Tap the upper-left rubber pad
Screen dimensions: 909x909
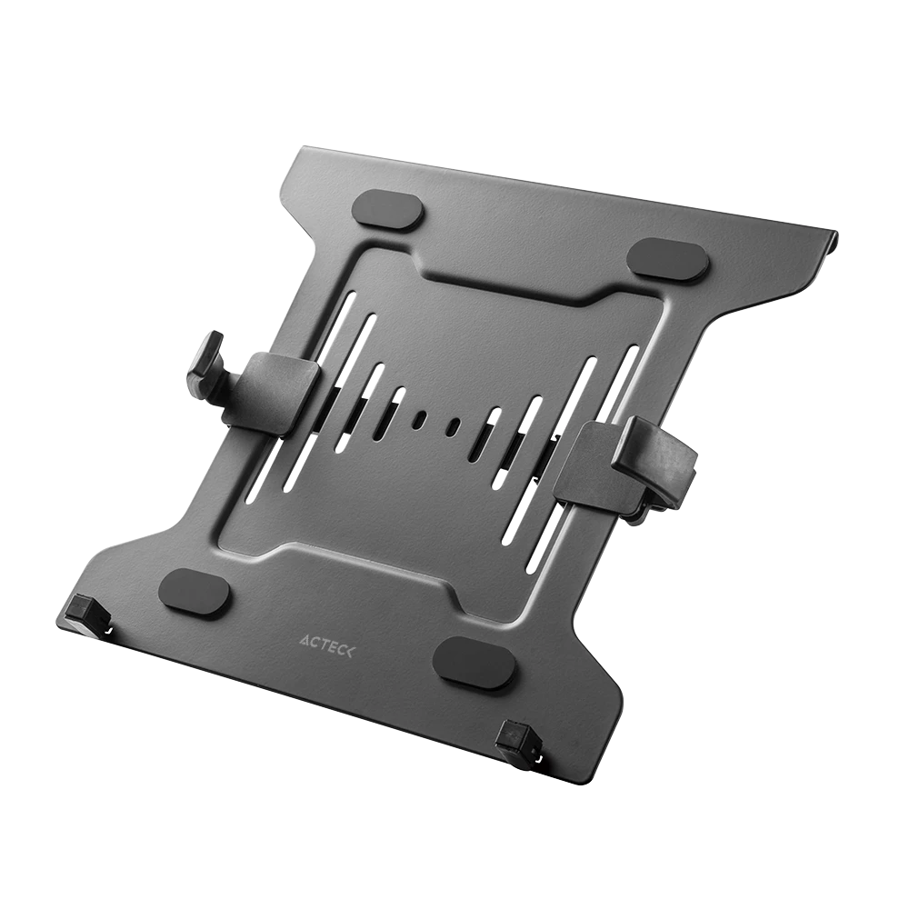tap(387, 210)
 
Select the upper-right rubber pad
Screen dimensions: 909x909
tap(668, 260)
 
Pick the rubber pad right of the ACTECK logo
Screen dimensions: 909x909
tap(474, 663)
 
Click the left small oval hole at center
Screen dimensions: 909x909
tap(419, 419)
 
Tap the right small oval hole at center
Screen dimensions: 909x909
tap(453, 425)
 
